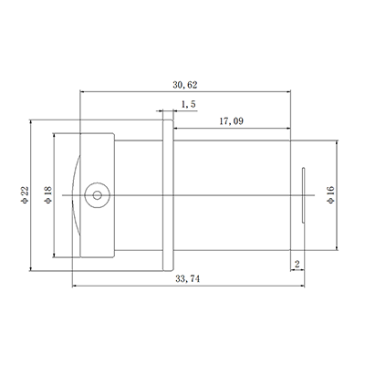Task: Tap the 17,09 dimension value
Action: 231,120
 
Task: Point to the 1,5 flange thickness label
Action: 189,105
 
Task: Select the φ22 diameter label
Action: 25,194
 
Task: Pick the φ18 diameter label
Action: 47,194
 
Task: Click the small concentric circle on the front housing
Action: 95,194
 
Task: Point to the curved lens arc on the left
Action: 75,194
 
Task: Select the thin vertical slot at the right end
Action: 303,194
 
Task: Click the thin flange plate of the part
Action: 167,194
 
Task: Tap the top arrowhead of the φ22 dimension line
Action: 33,122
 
